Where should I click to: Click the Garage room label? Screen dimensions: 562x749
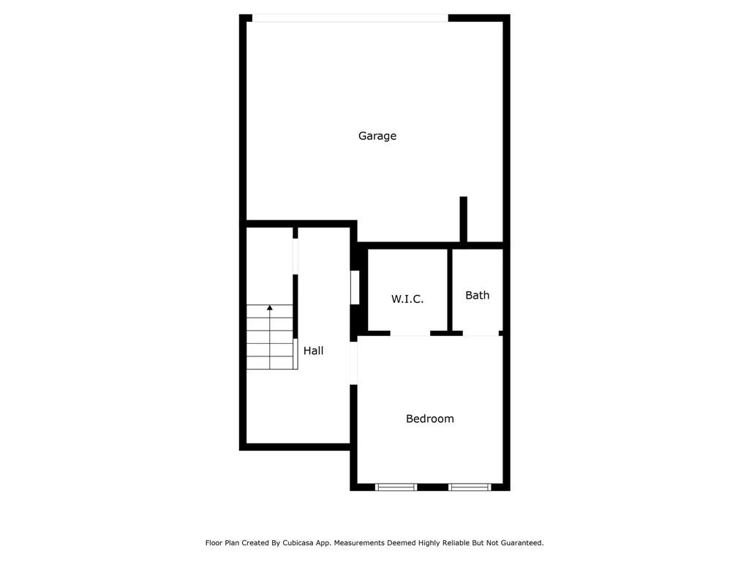pyautogui.click(x=377, y=136)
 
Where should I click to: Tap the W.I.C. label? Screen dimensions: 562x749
pyautogui.click(x=407, y=299)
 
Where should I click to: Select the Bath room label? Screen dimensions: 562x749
pyautogui.click(x=477, y=296)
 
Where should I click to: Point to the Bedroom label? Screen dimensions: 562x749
pyautogui.click(x=430, y=419)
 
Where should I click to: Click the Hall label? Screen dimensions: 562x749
pyautogui.click(x=314, y=351)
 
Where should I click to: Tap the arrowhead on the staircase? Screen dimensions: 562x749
pyautogui.click(x=270, y=307)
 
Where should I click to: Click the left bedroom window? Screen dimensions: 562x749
pyautogui.click(x=396, y=487)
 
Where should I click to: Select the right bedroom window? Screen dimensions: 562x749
pyautogui.click(x=469, y=487)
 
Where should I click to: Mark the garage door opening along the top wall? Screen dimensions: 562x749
pyautogui.click(x=350, y=18)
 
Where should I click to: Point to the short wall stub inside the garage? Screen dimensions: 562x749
pyautogui.click(x=463, y=218)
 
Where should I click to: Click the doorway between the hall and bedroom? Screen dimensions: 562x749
pyautogui.click(x=353, y=363)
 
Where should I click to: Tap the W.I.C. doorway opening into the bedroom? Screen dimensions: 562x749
pyautogui.click(x=410, y=334)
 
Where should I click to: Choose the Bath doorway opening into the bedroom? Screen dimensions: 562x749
pyautogui.click(x=481, y=334)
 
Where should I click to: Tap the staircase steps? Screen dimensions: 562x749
pyautogui.click(x=270, y=338)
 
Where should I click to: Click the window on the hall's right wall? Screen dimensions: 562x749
pyautogui.click(x=355, y=288)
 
